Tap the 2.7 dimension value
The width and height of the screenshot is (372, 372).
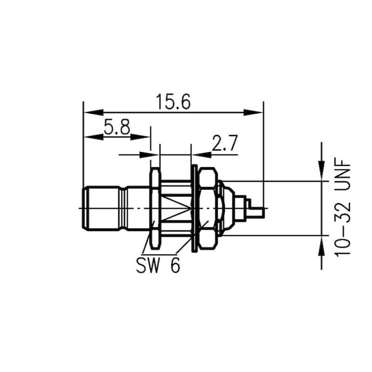pos(224,144)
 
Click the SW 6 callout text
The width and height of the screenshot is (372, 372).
pos(158,266)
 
